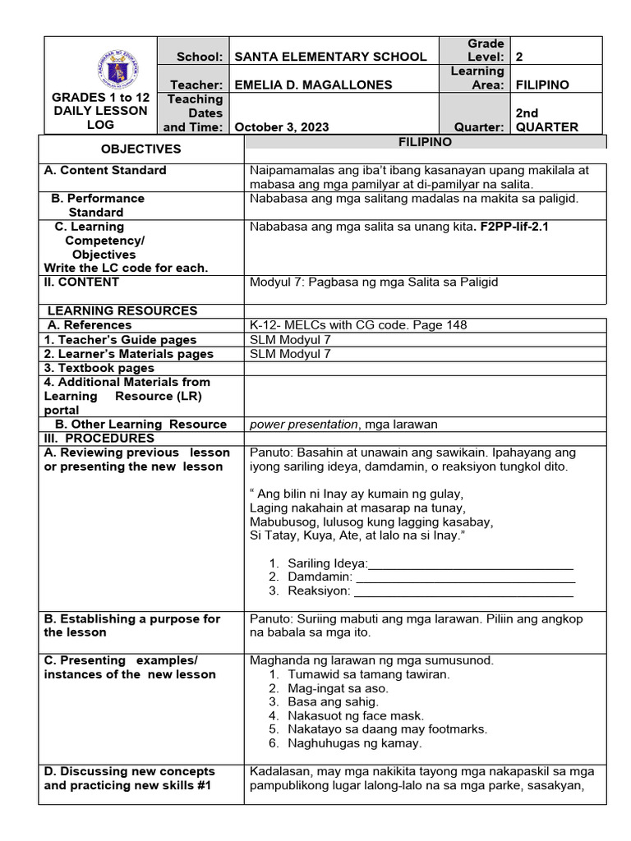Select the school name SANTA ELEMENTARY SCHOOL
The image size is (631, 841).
[x=330, y=57]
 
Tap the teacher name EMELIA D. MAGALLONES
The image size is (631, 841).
[x=313, y=85]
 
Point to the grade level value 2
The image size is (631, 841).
[x=518, y=57]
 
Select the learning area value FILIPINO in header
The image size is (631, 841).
[x=541, y=85]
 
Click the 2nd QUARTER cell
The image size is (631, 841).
[x=546, y=120]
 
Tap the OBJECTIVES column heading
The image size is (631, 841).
[x=140, y=149]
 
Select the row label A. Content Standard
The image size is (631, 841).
[x=105, y=170]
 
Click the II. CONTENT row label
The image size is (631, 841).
[x=81, y=282]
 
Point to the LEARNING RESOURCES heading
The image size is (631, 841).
[x=122, y=310]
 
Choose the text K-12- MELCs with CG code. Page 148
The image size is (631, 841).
[x=358, y=324]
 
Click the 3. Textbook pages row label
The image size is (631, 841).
[x=99, y=368]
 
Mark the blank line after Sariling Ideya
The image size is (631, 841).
[x=471, y=563]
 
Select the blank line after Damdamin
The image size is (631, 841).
[x=466, y=577]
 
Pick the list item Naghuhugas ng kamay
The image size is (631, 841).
[x=354, y=743]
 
